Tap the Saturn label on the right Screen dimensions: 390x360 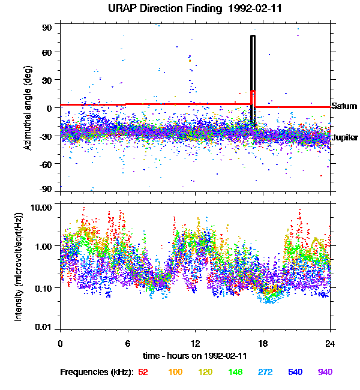(344, 106)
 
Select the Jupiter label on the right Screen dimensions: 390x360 (345, 137)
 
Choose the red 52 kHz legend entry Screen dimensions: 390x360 (143, 372)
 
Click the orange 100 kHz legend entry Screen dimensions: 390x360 (175, 372)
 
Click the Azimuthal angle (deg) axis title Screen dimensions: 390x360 (28, 108)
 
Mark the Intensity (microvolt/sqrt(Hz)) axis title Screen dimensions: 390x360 (19, 266)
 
